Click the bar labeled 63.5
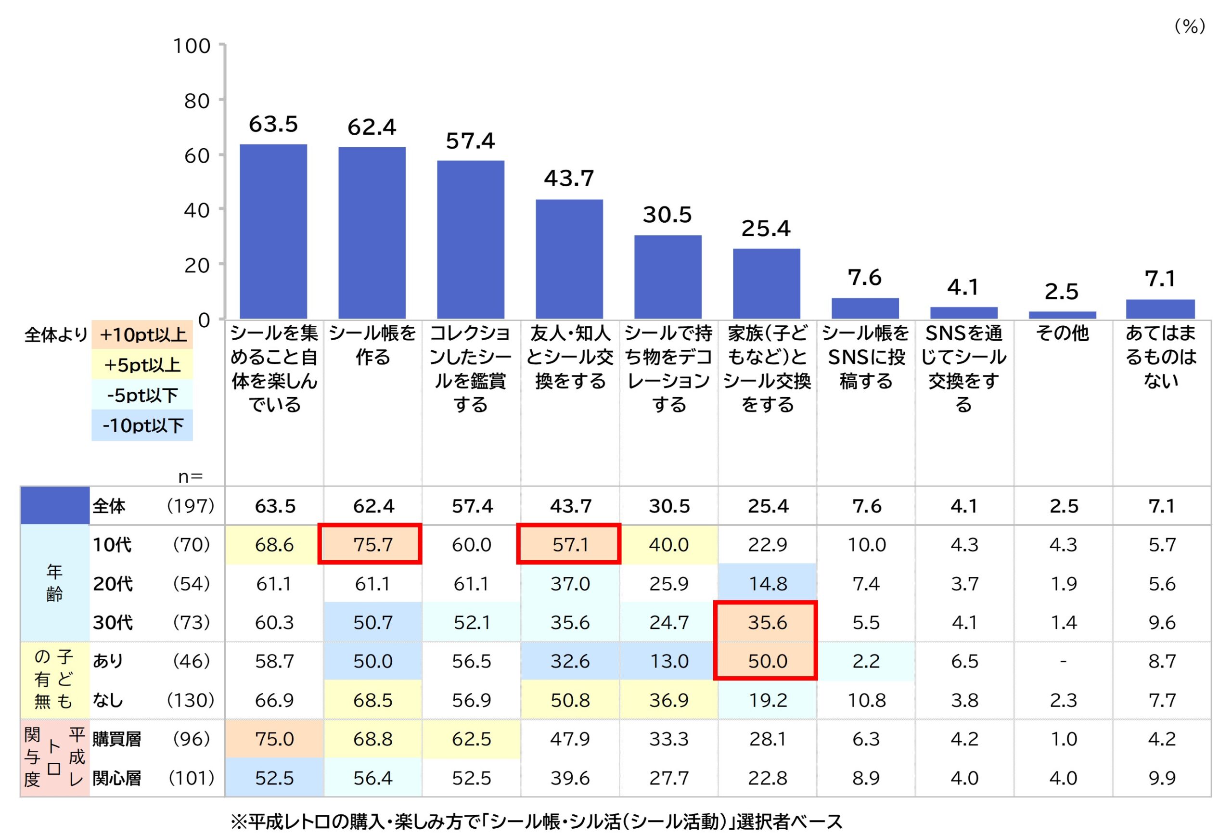pos(273,231)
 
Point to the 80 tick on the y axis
pos(197,101)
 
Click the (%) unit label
pos(1190,26)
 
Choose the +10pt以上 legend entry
pos(142,334)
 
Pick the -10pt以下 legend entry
pos(142,425)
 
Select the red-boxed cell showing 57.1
pos(568,544)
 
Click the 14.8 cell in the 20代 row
pos(767,583)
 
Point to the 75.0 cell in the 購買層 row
pos(274,739)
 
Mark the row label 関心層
pos(116,778)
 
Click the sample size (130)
pos(190,700)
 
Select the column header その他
pos(1063,333)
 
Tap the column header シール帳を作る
pos(372,345)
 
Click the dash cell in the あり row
pos(1063,661)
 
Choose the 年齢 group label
pos(54,583)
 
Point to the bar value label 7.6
pos(865,277)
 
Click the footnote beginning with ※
pos(536,821)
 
